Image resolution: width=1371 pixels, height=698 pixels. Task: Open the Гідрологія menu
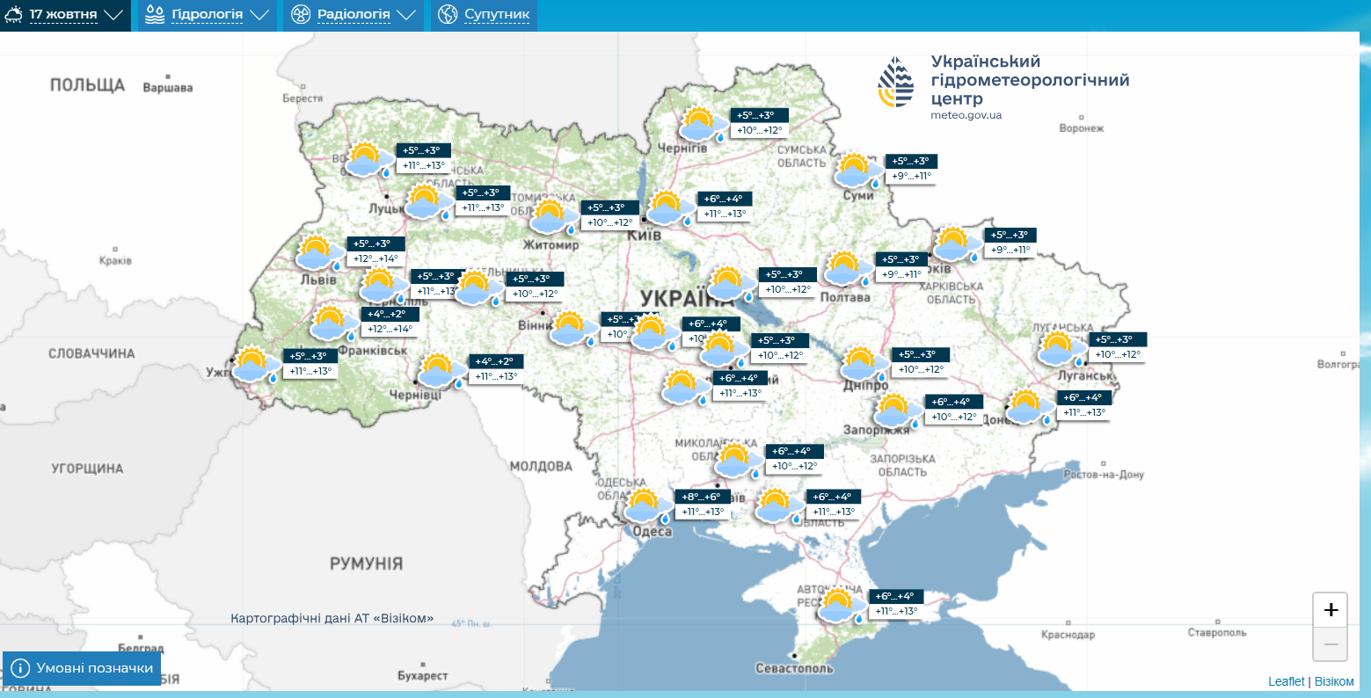tap(207, 15)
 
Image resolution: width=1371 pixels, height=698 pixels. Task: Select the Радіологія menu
tap(353, 15)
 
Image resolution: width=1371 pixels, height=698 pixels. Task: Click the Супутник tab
tap(484, 15)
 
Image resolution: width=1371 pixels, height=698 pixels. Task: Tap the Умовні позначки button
tap(83, 668)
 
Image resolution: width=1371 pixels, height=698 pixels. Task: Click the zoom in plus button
tap(1330, 609)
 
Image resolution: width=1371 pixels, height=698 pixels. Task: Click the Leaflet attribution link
tap(1286, 681)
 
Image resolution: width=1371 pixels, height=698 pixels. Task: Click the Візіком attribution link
tap(1334, 681)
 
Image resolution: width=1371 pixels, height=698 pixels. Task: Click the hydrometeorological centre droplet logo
tap(896, 83)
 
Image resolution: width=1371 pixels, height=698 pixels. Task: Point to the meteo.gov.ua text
tap(966, 115)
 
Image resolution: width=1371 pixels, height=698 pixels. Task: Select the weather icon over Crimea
tap(840, 606)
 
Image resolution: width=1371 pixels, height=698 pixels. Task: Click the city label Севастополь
tap(794, 668)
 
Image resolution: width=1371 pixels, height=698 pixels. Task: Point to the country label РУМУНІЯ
tap(366, 563)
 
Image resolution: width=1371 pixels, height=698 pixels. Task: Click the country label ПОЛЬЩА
tap(87, 85)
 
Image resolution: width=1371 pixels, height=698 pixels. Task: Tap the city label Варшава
tap(167, 88)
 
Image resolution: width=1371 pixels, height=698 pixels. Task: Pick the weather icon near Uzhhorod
tap(252, 363)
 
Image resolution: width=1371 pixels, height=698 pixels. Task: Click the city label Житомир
tap(551, 245)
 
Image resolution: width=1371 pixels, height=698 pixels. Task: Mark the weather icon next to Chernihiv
tap(701, 124)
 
